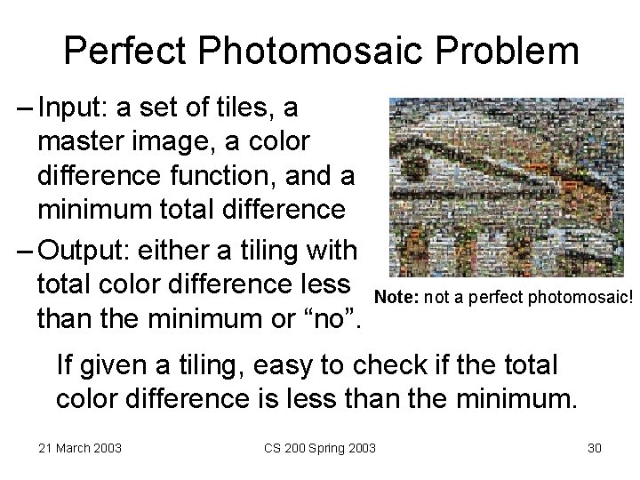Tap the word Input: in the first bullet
[x=74, y=108]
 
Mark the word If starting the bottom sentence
[x=65, y=365]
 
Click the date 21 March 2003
[x=81, y=447]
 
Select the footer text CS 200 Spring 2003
[x=319, y=447]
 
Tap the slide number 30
[x=594, y=447]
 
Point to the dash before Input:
[x=24, y=108]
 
